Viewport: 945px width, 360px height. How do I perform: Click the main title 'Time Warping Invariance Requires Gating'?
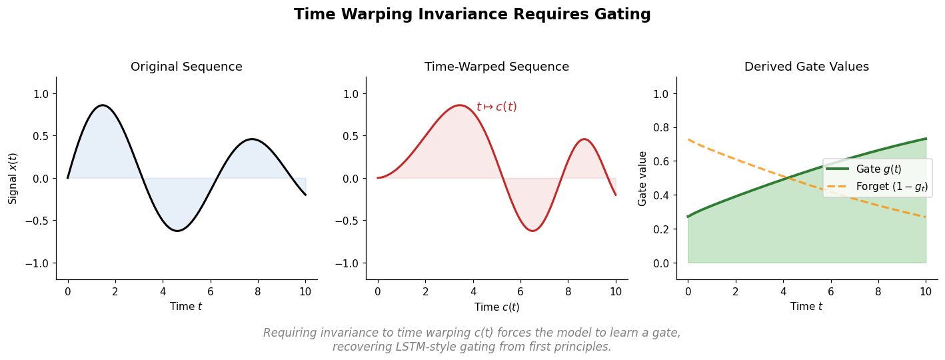(x=472, y=15)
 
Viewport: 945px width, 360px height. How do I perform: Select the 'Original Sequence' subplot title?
(x=186, y=67)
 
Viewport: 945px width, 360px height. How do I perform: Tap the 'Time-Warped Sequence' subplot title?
(x=496, y=67)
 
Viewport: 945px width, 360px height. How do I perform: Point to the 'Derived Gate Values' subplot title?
(x=806, y=67)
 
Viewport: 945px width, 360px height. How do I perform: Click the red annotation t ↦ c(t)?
(x=496, y=107)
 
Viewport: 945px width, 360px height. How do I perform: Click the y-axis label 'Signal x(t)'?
(x=13, y=178)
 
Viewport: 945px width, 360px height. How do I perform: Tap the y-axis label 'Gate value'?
(x=642, y=178)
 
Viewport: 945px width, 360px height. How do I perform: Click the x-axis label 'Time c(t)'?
(x=496, y=307)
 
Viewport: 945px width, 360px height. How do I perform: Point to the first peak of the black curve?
(x=102, y=105)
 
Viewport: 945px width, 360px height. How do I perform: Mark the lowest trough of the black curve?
(x=177, y=231)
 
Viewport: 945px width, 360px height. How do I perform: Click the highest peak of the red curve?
(x=459, y=105)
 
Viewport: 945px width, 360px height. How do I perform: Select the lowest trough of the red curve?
(x=532, y=231)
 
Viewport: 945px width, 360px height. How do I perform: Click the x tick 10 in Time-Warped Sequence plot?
(x=615, y=291)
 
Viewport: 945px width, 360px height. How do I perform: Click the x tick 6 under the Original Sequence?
(x=210, y=291)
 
